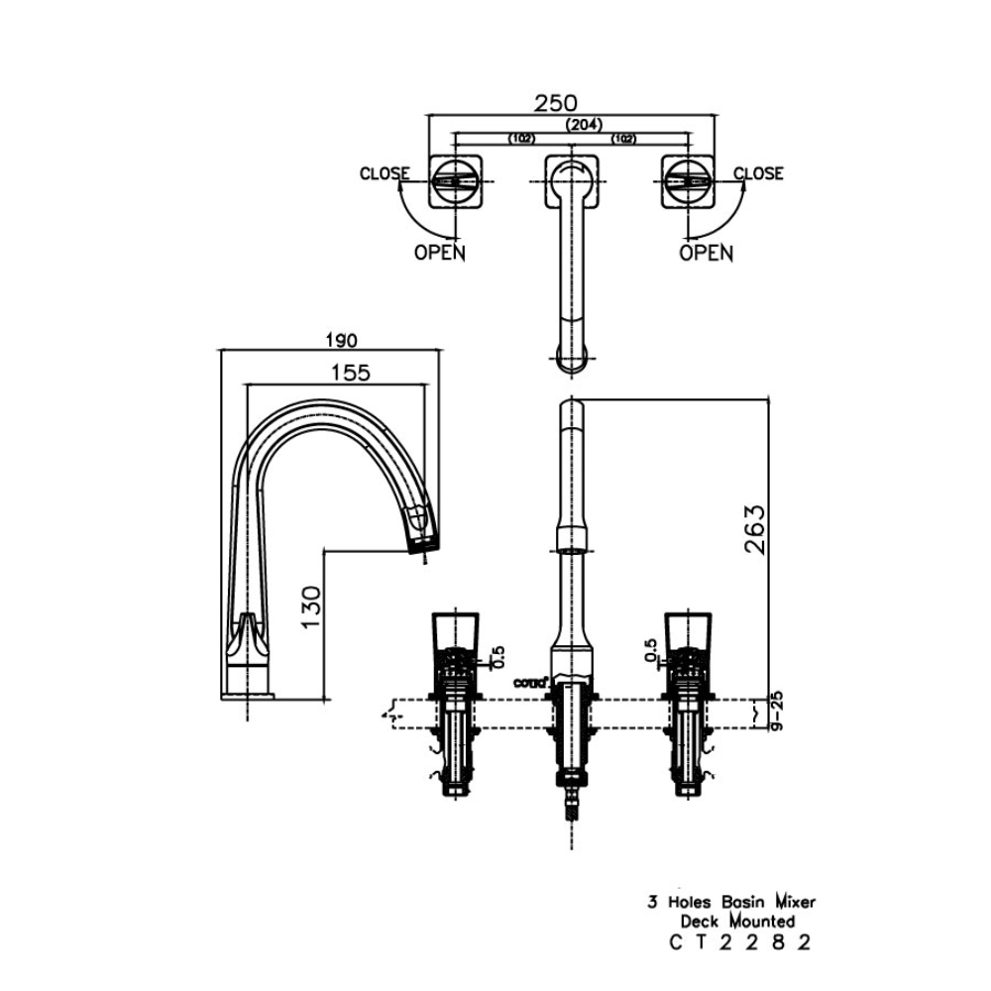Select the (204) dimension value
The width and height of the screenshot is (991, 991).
tap(584, 125)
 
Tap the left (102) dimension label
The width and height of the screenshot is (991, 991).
tap(523, 139)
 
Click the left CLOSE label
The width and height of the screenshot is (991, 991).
tap(385, 173)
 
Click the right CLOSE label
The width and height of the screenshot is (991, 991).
tap(758, 173)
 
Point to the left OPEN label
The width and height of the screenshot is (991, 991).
tap(439, 253)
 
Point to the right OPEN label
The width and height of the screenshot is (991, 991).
tap(706, 253)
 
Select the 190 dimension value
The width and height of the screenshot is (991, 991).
tap(339, 340)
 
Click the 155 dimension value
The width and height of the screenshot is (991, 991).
tap(351, 373)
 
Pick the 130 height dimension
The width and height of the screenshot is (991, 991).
tap(310, 607)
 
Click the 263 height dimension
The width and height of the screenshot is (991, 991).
tap(754, 531)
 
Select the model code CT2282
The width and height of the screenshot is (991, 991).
tap(740, 942)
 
